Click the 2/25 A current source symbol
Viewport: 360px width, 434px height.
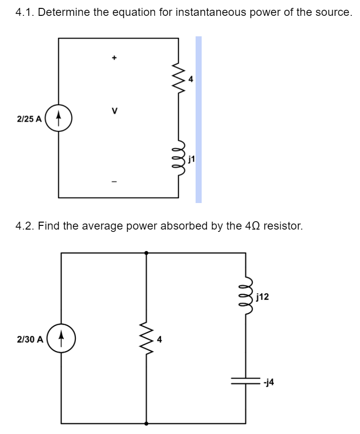(x=59, y=118)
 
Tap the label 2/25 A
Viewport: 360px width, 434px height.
(x=29, y=119)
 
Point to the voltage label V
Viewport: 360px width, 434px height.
(x=113, y=111)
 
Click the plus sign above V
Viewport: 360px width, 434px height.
(x=113, y=58)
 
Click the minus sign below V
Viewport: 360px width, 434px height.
(x=113, y=181)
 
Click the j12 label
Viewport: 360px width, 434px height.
(x=262, y=296)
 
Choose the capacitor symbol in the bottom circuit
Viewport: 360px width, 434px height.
(x=246, y=381)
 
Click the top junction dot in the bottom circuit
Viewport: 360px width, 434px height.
(x=147, y=253)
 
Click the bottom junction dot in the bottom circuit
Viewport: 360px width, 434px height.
(x=147, y=424)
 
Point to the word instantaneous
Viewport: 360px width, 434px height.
(x=211, y=13)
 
